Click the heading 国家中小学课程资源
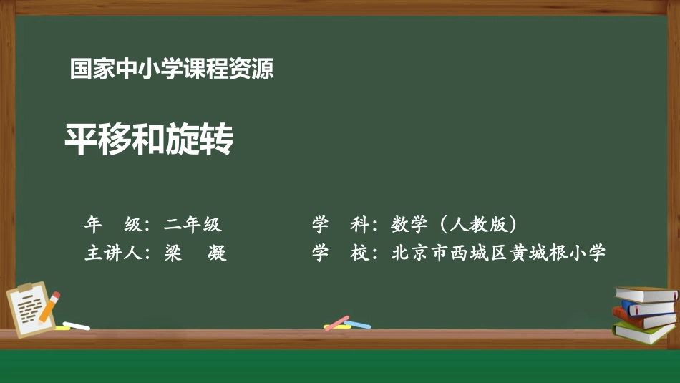click(172, 69)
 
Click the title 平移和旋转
click(149, 140)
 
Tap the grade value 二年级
click(193, 225)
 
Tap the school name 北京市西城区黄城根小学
click(498, 253)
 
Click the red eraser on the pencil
click(57, 295)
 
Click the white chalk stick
click(77, 326)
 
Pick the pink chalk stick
click(336, 322)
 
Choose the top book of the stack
click(646, 294)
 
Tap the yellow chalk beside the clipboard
click(62, 328)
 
